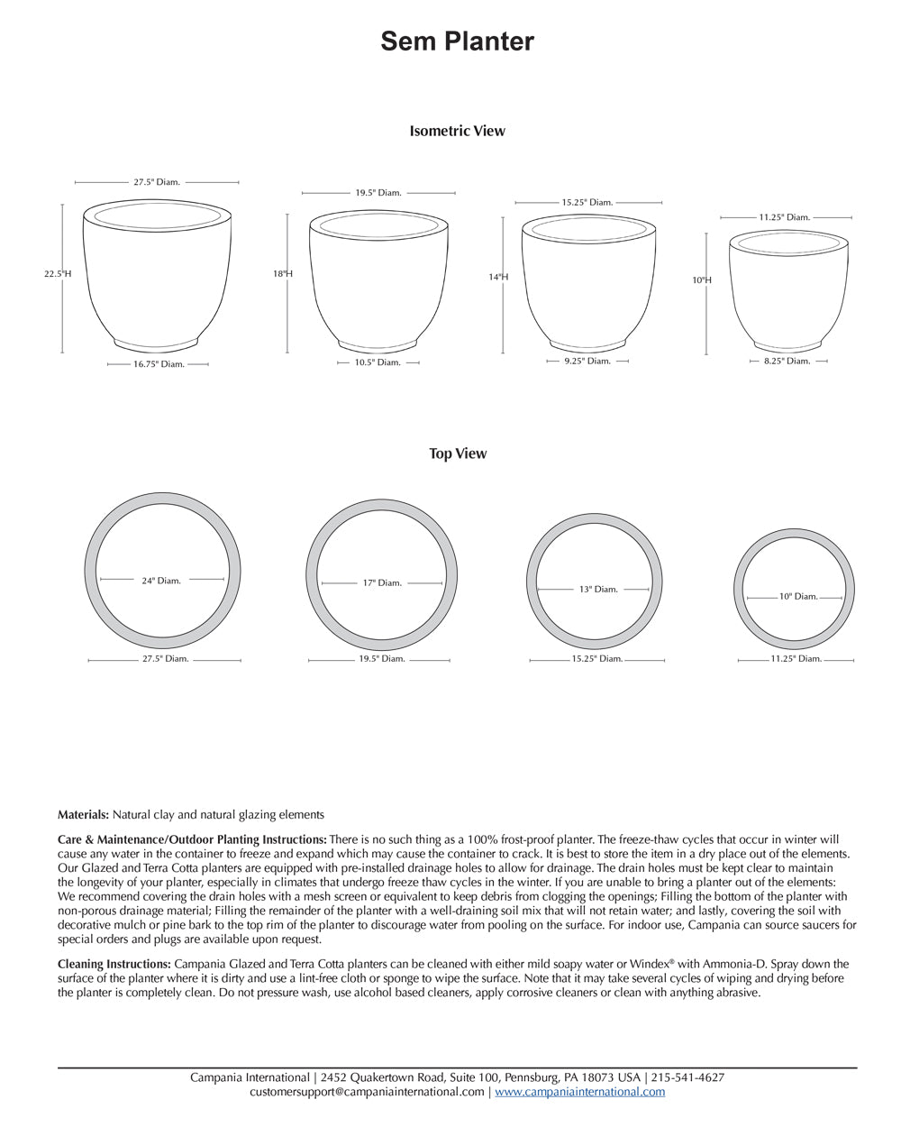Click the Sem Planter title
457,41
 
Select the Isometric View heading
457,131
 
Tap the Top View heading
458,454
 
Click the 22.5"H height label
58,273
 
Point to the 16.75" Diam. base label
159,364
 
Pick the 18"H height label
283,273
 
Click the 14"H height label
498,277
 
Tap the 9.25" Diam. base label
587,361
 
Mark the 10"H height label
702,280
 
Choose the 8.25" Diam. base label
787,361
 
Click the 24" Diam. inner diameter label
161,581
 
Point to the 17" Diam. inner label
382,583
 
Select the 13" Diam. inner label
598,590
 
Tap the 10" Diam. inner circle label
798,596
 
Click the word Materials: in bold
84,814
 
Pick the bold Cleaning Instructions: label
114,964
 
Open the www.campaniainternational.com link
579,1092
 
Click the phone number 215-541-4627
687,1077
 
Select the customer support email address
367,1092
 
